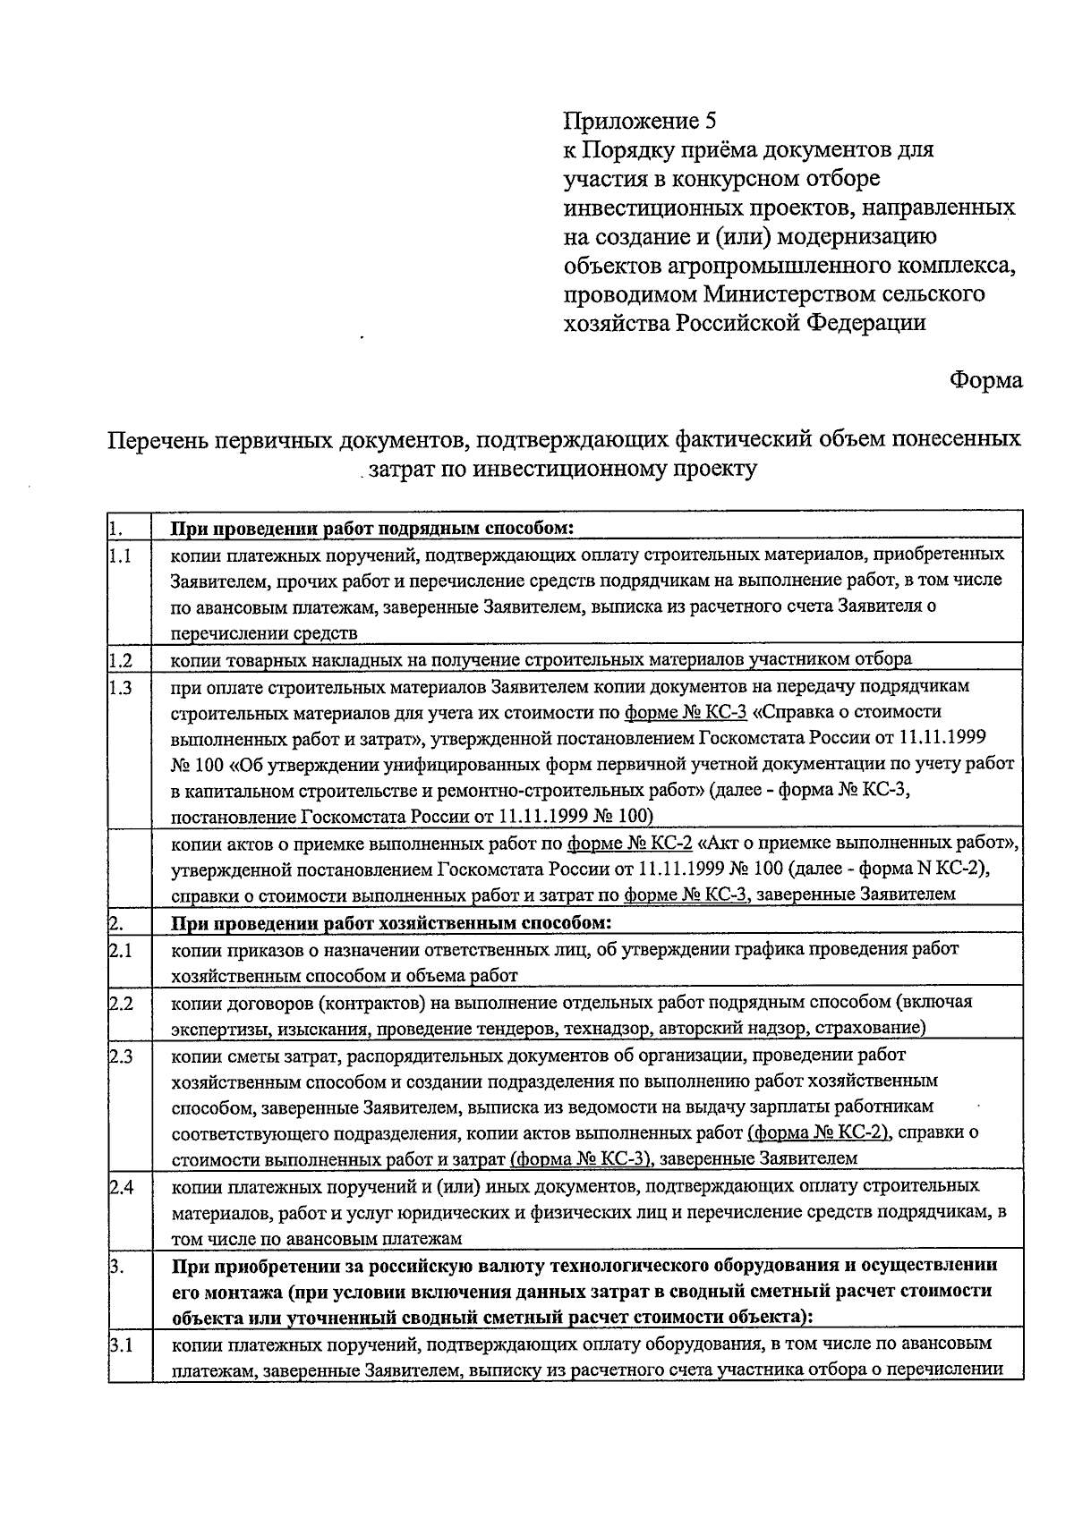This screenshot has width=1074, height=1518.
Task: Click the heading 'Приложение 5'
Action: pos(640,121)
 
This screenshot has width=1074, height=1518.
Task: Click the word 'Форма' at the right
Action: pos(985,380)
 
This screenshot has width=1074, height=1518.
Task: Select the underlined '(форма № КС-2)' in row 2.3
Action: pos(818,1132)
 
